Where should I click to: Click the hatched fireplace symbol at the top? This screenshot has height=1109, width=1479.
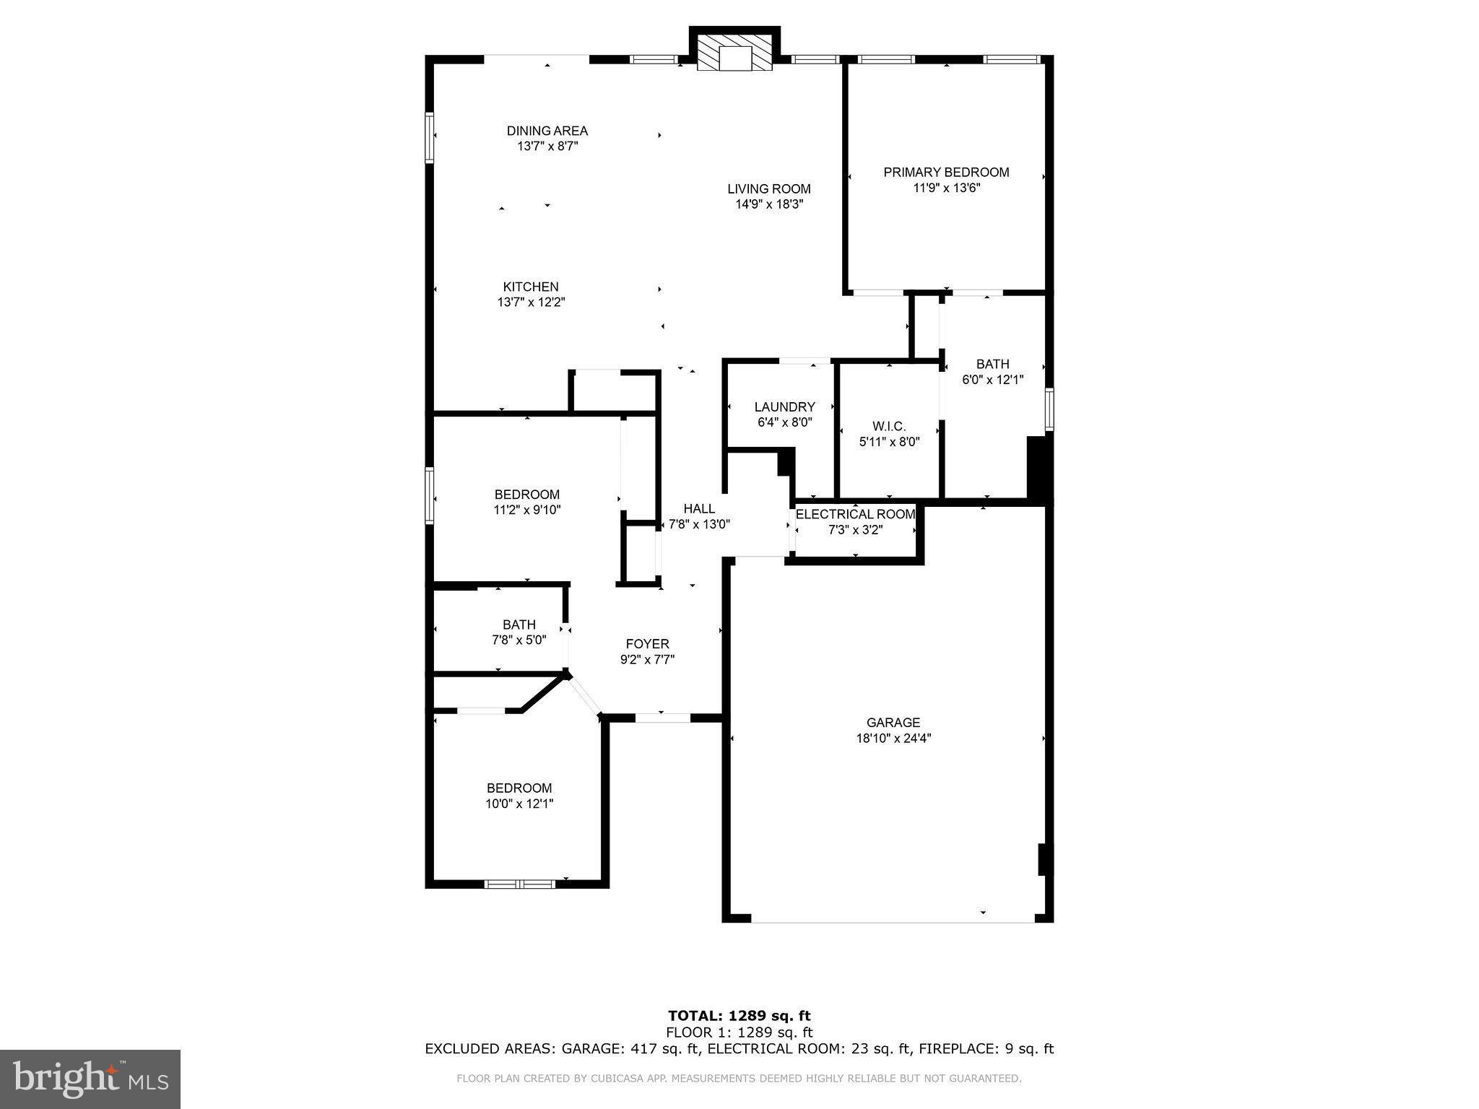point(734,56)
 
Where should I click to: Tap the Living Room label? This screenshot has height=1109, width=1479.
point(768,189)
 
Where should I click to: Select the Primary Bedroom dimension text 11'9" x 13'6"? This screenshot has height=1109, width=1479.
point(946,188)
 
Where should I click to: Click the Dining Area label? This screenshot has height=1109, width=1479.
point(547,131)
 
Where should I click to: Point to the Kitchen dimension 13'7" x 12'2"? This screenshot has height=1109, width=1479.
point(531,303)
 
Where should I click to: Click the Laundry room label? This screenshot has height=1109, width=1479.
point(784,407)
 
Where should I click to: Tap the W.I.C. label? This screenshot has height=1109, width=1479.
point(888,427)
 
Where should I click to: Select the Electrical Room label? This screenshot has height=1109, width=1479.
point(855,514)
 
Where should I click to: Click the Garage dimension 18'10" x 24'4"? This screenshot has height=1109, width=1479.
point(893,738)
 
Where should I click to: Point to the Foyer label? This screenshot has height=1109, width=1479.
point(647,644)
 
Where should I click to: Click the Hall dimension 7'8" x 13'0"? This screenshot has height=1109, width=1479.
point(699,524)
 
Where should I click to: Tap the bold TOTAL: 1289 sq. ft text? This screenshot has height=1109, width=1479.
point(739,1017)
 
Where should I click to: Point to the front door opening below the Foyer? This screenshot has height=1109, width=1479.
point(662,718)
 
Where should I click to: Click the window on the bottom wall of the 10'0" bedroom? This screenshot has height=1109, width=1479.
point(519,884)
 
